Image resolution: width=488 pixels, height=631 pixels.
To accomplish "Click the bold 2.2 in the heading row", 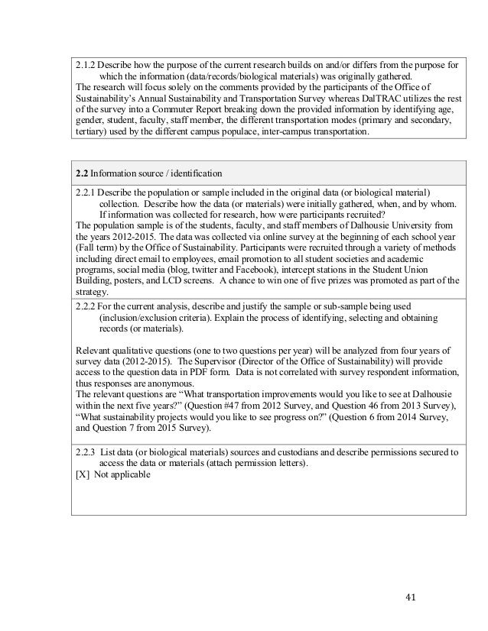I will [84, 170].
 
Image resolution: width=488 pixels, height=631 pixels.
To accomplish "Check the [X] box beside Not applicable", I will [82, 474].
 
